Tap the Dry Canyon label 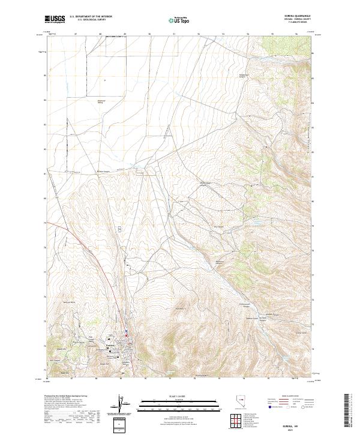(219, 226)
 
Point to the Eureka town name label (110, 346)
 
